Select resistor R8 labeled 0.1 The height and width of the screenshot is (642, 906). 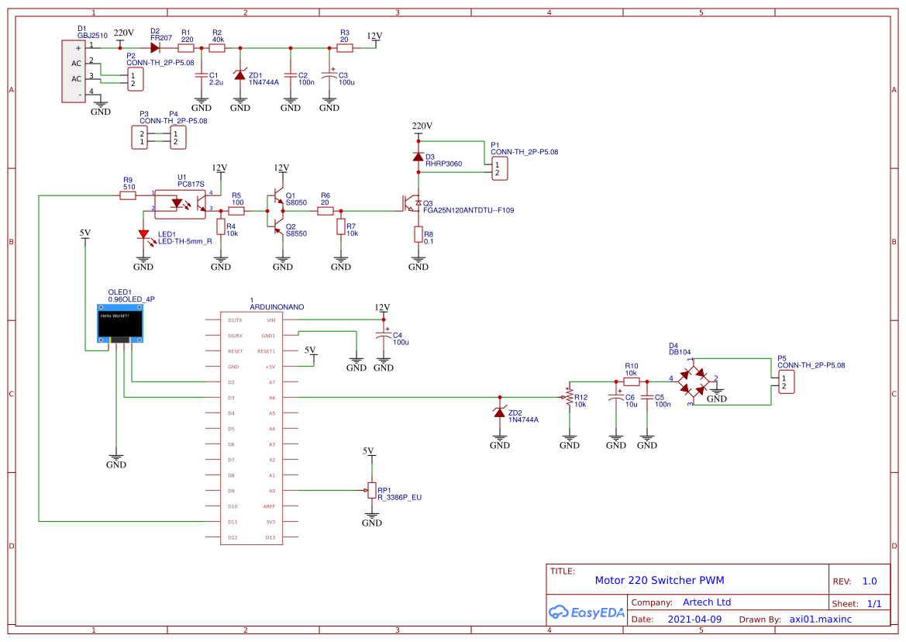[418, 234]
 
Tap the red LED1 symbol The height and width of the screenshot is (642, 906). [143, 234]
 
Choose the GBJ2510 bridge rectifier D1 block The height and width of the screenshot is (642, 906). [73, 70]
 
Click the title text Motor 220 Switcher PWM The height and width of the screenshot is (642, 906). [659, 580]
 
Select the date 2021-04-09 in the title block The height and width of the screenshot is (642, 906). [694, 620]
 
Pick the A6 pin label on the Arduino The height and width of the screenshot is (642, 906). [270, 398]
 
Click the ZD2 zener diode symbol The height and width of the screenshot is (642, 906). [500, 413]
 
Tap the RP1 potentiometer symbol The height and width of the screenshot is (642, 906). [371, 491]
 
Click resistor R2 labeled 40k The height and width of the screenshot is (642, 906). [218, 48]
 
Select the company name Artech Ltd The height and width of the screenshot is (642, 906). [706, 602]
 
